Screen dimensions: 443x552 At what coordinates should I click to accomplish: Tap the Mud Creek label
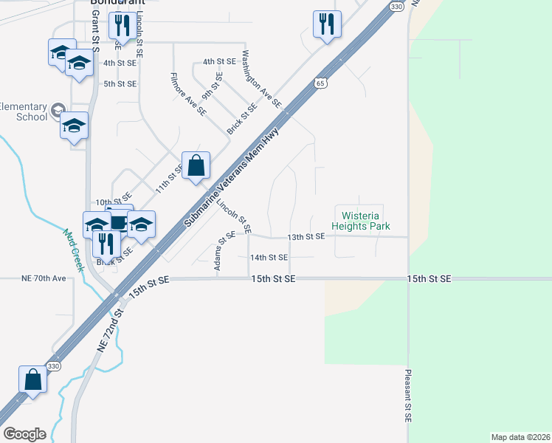(73, 250)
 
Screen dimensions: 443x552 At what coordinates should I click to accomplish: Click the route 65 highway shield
(320, 83)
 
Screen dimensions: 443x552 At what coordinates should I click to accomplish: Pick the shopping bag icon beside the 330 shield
(33, 380)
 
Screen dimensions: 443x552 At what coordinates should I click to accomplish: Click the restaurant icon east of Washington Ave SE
(327, 24)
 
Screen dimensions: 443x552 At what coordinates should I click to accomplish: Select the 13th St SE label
(306, 236)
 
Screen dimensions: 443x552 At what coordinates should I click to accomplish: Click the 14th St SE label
(268, 258)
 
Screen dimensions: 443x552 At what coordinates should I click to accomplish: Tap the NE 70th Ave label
(44, 279)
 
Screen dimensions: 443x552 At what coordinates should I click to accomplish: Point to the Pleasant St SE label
(407, 395)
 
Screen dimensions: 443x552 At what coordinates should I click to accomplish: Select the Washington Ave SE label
(261, 80)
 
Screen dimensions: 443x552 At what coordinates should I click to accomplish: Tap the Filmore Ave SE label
(187, 94)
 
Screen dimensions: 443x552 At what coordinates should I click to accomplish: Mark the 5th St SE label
(120, 83)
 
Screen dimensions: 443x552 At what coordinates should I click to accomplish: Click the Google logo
(24, 434)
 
